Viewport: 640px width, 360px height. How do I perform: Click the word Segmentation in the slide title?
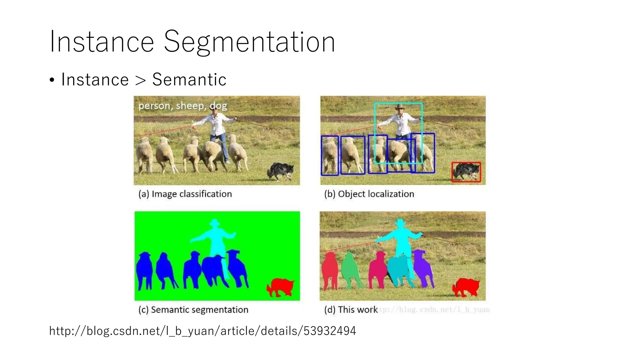click(249, 42)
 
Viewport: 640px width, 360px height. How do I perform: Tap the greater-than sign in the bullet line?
click(141, 80)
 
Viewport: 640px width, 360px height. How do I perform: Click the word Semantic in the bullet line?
click(189, 80)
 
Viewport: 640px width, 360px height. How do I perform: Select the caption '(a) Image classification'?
click(185, 194)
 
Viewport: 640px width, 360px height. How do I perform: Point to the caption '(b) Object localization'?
click(369, 194)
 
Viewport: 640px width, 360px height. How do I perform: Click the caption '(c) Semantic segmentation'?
click(193, 310)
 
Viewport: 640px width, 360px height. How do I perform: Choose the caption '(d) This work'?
click(351, 310)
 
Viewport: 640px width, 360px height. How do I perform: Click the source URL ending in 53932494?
click(202, 331)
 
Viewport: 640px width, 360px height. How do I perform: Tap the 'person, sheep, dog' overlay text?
click(182, 106)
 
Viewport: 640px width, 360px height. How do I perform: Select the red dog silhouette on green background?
click(280, 287)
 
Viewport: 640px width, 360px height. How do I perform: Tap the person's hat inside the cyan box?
click(399, 107)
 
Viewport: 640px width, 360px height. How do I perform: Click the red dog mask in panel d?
click(466, 287)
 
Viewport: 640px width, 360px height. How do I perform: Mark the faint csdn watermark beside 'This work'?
click(434, 310)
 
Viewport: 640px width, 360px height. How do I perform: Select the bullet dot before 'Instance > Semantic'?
click(52, 80)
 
